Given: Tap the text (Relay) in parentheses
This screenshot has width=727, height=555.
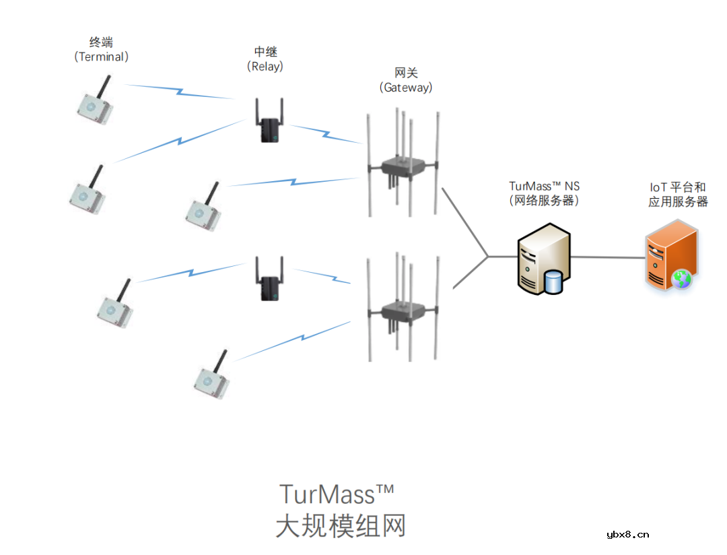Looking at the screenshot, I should (265, 67).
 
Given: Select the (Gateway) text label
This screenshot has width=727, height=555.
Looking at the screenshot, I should (406, 88).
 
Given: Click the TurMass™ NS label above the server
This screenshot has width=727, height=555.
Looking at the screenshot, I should (544, 186).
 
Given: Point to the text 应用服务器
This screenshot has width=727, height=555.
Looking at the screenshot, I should (678, 201).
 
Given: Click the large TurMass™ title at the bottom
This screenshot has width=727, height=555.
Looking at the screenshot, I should (336, 494).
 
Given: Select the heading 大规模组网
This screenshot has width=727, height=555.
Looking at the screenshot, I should (341, 526).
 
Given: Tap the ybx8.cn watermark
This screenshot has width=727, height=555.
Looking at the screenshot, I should (627, 535).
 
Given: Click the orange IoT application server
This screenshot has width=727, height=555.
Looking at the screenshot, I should (670, 257).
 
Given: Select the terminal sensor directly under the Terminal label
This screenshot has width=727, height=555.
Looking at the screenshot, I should (94, 104).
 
